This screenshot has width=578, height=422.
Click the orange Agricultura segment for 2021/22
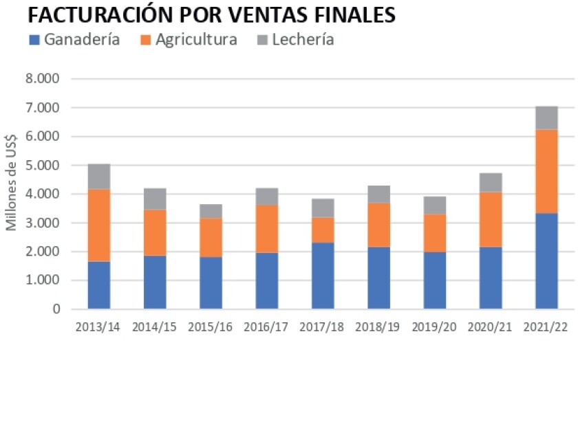(x=546, y=171)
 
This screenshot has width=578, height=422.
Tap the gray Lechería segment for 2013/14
(x=99, y=177)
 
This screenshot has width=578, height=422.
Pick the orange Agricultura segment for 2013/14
(x=99, y=225)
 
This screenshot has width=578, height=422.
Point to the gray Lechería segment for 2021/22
(x=546, y=118)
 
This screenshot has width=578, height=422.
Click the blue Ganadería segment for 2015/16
(x=211, y=283)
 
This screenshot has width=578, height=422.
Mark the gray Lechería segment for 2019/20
(x=435, y=206)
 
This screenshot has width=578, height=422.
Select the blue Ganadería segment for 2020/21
(x=491, y=278)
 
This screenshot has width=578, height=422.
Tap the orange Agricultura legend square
(x=145, y=40)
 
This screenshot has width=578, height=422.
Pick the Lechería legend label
(x=303, y=40)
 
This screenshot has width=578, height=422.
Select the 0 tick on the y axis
(x=56, y=309)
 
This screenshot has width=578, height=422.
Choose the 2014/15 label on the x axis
(x=155, y=327)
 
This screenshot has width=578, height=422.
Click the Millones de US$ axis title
(x=11, y=195)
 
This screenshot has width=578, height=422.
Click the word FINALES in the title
(x=350, y=15)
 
